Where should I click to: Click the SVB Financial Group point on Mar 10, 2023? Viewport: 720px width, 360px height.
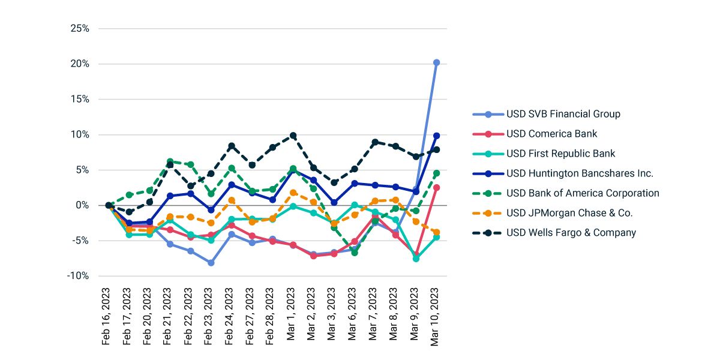coord(436,62)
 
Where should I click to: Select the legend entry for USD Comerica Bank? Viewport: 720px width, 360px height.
coord(551,134)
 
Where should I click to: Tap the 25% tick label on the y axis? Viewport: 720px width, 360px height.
coord(80,28)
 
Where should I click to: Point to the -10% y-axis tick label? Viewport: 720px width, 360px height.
coord(78,276)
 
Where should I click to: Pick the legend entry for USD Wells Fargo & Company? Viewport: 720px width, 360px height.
coord(571,233)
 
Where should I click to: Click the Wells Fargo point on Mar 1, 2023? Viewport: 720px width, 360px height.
coord(293,136)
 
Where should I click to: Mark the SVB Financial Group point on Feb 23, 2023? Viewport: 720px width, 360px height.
coord(211,263)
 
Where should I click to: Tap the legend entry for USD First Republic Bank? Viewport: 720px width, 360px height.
coord(560,154)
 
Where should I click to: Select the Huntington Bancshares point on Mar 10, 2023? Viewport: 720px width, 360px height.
coord(436,136)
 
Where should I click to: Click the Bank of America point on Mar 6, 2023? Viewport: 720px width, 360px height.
coord(355,253)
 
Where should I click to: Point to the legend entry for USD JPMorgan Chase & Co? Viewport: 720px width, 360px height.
coord(569,213)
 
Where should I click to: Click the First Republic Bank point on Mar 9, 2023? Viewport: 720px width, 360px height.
coord(416,259)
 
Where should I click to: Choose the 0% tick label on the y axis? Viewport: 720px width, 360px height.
coord(82,205)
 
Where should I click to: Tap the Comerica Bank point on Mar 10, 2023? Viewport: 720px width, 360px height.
coord(436,188)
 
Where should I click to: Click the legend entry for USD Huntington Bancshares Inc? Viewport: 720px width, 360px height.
coord(580,173)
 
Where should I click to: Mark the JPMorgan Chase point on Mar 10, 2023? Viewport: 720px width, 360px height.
coord(436,232)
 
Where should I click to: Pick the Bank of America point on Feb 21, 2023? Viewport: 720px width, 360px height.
coord(170,162)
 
